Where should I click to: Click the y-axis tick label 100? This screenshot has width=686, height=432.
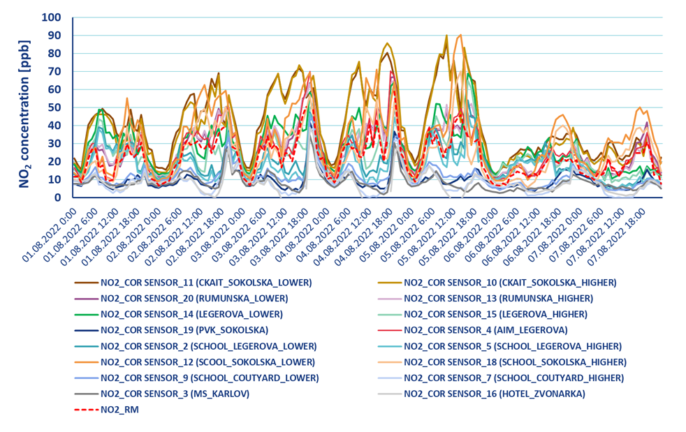tap(52, 17)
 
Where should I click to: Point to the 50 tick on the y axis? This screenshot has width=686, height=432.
tap(55, 107)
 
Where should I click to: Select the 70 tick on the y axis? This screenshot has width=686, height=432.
tap(55, 71)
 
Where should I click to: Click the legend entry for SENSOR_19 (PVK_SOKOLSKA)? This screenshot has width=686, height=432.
tap(184, 330)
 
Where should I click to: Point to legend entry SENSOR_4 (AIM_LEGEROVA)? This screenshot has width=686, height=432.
tap(486, 330)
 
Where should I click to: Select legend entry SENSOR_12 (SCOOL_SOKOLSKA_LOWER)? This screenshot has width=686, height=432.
tap(207, 362)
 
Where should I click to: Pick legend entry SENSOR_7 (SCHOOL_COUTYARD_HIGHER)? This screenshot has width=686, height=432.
tap(513, 378)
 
